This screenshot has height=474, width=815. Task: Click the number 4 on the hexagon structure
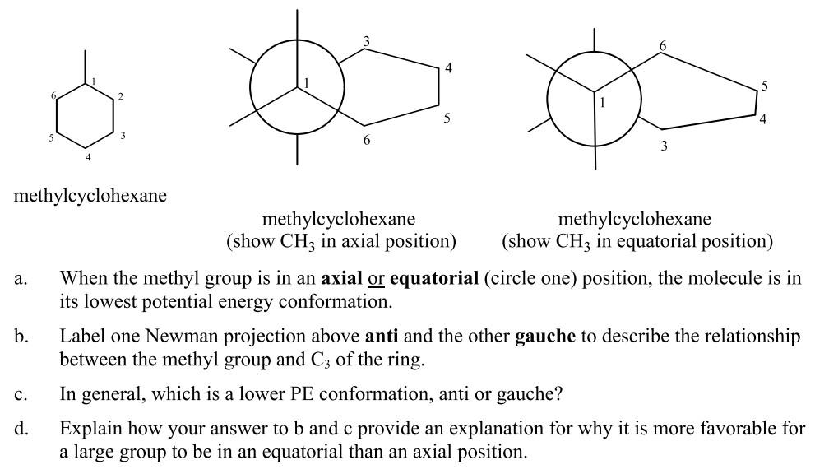coord(88,156)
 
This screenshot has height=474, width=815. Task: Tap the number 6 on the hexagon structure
coord(53,96)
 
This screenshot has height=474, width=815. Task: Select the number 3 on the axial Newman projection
coord(366,41)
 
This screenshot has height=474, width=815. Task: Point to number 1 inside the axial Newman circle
coord(306,83)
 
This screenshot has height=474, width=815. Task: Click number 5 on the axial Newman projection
coord(447,118)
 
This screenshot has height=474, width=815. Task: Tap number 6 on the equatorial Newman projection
coord(662,46)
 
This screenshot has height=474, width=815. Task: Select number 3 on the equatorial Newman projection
coord(664,146)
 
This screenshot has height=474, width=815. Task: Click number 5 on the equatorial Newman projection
coord(764,86)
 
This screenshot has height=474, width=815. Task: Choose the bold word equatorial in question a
coord(433,278)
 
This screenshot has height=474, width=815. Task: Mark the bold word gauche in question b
coord(544,337)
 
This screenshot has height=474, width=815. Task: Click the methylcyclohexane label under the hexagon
coord(90,196)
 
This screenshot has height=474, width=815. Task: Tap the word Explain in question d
coord(86,429)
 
